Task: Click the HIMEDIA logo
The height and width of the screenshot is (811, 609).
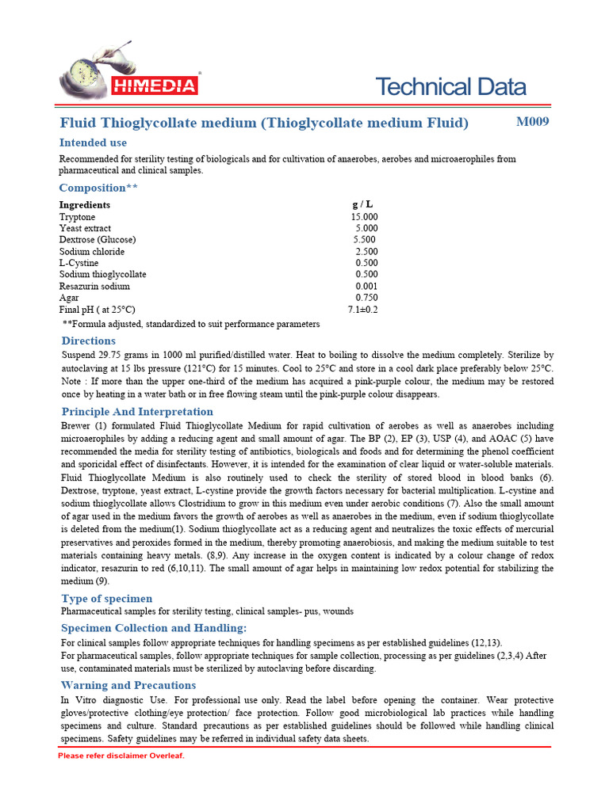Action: [x=131, y=78]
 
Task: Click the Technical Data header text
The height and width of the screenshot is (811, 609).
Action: [x=450, y=86]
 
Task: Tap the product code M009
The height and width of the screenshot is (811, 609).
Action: [x=532, y=122]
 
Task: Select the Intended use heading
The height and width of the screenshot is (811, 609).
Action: [x=93, y=143]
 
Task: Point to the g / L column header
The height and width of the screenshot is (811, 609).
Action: [x=362, y=204]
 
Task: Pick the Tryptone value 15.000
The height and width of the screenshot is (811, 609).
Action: [x=364, y=217]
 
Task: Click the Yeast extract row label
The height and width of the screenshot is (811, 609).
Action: [x=85, y=228]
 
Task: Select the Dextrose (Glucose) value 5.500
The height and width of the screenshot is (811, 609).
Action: [x=365, y=240]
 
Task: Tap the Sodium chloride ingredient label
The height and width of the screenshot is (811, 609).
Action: [x=91, y=252]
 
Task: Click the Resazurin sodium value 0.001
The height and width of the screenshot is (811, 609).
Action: [x=366, y=286]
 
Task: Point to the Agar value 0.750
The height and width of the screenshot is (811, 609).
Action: [x=366, y=298]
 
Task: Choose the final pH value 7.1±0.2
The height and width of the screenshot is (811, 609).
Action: [x=362, y=310]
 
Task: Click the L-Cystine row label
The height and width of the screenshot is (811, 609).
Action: [x=79, y=263]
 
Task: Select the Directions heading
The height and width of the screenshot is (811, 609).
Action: [x=88, y=341]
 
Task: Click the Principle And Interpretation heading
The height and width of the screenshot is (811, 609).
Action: [x=137, y=412]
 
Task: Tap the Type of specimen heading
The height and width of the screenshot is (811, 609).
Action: [x=107, y=599]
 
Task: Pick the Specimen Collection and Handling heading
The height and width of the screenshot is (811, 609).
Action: [x=148, y=628]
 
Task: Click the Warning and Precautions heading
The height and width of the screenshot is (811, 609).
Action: [x=128, y=685]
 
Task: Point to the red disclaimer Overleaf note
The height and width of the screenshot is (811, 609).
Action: [x=121, y=756]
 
